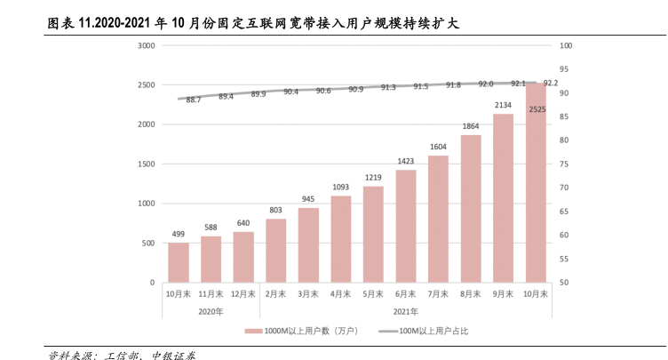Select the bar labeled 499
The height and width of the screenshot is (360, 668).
click(179, 262)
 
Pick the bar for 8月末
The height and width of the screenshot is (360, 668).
click(471, 208)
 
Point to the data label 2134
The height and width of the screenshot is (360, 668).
click(504, 105)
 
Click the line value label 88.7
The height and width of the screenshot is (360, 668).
click(194, 100)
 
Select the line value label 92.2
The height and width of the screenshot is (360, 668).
click(551, 83)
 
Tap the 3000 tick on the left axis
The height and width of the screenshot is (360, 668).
click(147, 45)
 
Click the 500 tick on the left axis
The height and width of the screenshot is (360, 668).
click(149, 243)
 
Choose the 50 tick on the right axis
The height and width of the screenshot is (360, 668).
click(565, 283)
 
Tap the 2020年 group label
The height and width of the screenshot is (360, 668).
click(211, 311)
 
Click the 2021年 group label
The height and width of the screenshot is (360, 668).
click(405, 311)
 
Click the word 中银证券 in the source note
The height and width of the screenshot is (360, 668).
click(174, 355)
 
